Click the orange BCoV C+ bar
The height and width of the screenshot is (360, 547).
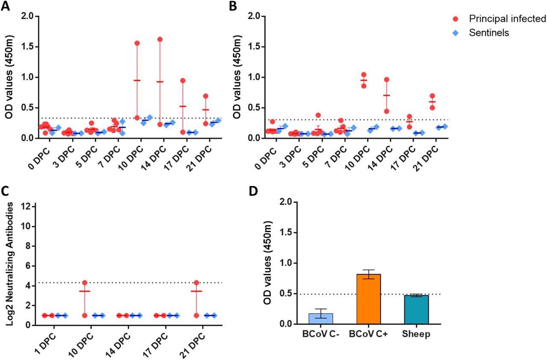click(368, 299)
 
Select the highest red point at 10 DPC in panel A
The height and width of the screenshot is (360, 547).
click(137, 43)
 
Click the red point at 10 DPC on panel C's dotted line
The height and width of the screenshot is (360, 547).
click(85, 283)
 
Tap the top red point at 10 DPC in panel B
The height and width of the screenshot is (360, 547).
click(364, 75)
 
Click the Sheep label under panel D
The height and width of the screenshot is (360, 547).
click(416, 334)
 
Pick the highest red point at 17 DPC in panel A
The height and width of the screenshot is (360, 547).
click(182, 80)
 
